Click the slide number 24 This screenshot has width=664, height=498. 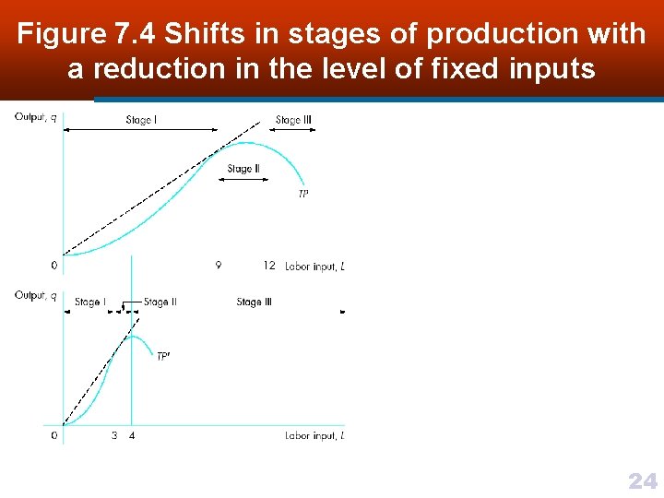click(642, 480)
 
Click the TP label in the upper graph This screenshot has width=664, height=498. click(303, 194)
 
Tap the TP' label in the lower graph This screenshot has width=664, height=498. click(162, 356)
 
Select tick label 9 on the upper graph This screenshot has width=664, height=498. click(218, 266)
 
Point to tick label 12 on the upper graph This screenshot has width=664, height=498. click(268, 266)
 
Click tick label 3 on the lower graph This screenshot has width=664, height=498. click(114, 435)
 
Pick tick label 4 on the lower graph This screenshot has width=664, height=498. click(132, 435)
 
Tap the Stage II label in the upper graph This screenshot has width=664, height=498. click(243, 169)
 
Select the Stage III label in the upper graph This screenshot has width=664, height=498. click(293, 120)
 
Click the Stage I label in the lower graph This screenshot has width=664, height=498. click(89, 302)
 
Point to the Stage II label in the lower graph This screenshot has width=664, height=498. click(160, 302)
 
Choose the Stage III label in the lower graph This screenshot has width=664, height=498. click(255, 302)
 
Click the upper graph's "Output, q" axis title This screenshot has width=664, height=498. click(35, 117)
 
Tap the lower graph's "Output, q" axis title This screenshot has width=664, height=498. click(35, 296)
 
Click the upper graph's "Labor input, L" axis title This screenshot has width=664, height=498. click(314, 266)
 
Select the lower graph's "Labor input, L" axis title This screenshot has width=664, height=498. click(314, 435)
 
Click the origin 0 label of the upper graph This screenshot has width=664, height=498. click(53, 266)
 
